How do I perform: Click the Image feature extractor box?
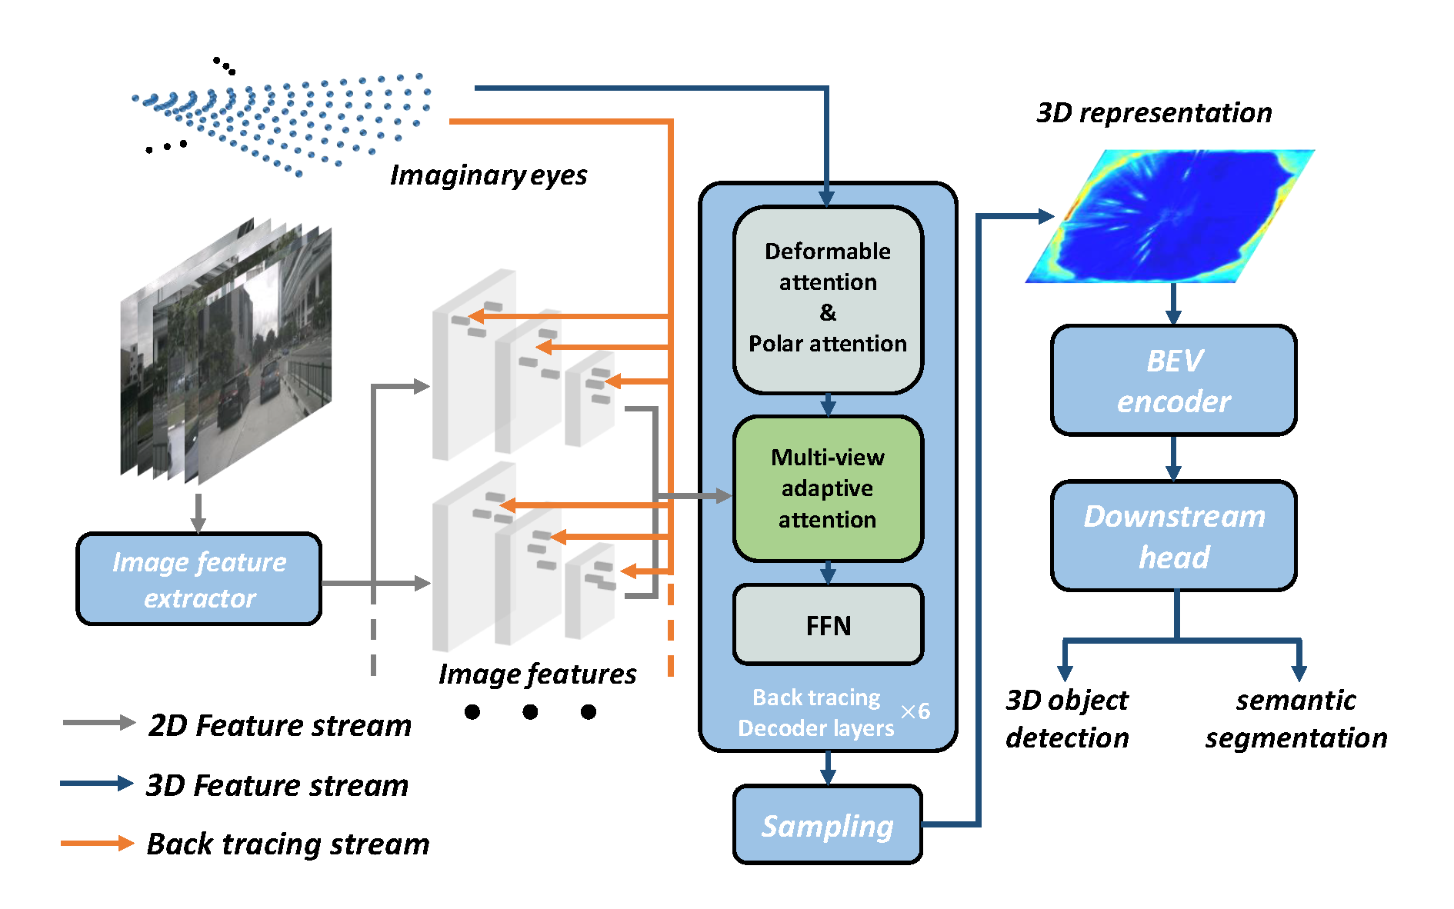[x=199, y=579]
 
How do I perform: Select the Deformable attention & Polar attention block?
[x=828, y=299]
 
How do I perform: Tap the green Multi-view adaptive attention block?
[x=828, y=488]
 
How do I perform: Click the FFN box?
[x=828, y=625]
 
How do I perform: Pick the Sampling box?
[x=828, y=825]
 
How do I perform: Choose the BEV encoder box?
[x=1173, y=381]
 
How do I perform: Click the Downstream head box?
[x=1173, y=536]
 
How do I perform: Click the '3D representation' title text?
[x=1154, y=112]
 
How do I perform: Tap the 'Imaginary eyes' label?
[x=489, y=175]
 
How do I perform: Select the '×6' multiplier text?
[x=915, y=711]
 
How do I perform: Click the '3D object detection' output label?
[x=1067, y=718]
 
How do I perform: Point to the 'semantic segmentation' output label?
[x=1296, y=718]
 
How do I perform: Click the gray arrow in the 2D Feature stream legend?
[x=99, y=723]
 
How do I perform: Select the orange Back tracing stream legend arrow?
[x=98, y=843]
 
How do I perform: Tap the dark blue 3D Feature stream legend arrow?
[x=98, y=784]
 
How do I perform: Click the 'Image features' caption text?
[x=537, y=674]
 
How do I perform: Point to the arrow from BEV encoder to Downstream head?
[x=1173, y=458]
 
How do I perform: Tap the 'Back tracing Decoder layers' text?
[x=816, y=713]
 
